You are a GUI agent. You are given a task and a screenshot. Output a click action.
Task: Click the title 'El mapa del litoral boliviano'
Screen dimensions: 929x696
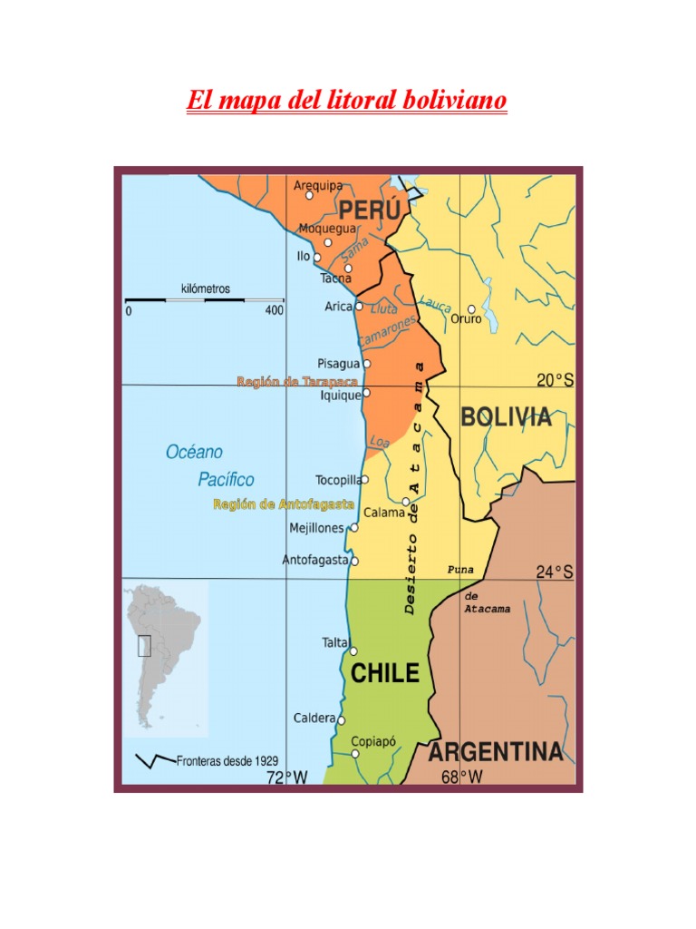pyautogui.click(x=347, y=100)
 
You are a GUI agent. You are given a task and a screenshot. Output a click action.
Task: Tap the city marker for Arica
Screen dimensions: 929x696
pyautogui.click(x=359, y=307)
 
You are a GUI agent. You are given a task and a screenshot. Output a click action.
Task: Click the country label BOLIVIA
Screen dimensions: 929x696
pyautogui.click(x=506, y=417)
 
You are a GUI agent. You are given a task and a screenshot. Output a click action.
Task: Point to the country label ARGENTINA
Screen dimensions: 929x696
pyautogui.click(x=495, y=752)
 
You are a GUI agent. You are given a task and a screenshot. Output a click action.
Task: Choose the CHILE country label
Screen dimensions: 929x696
pyautogui.click(x=385, y=673)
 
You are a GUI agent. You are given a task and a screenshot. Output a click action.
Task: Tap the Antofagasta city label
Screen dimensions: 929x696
pyautogui.click(x=314, y=561)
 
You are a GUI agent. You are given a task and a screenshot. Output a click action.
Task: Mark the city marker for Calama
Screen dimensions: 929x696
pyautogui.click(x=406, y=502)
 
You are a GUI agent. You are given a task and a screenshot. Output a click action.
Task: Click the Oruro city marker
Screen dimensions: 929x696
pyautogui.click(x=471, y=309)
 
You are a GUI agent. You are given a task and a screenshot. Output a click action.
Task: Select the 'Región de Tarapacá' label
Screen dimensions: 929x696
pyautogui.click(x=292, y=382)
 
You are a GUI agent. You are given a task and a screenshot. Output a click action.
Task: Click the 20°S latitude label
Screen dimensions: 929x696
pyautogui.click(x=555, y=381)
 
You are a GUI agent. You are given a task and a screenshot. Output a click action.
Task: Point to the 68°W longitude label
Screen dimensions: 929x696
pyautogui.click(x=461, y=777)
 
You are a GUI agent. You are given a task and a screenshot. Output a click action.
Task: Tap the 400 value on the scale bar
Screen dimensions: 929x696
pyautogui.click(x=274, y=310)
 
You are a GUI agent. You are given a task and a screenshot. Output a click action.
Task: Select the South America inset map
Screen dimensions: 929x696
pyautogui.click(x=165, y=658)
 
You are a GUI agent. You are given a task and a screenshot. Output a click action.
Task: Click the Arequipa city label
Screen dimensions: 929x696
pyautogui.click(x=318, y=185)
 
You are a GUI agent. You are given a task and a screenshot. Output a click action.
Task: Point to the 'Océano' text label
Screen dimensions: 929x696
pyautogui.click(x=194, y=452)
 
